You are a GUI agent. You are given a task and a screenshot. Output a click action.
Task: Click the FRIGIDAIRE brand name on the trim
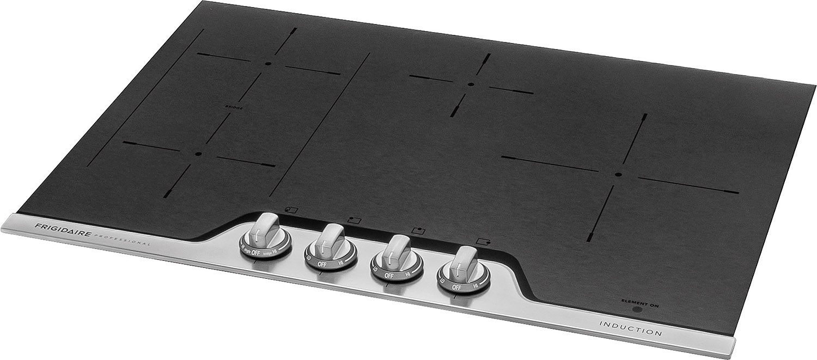[x=60, y=228]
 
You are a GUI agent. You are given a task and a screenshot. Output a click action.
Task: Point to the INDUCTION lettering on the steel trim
[x=630, y=328]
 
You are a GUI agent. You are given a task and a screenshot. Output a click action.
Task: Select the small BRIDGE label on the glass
[x=234, y=108]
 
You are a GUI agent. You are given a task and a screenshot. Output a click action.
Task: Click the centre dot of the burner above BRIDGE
[x=267, y=64]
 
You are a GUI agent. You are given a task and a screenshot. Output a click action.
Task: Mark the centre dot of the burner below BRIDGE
[x=198, y=154]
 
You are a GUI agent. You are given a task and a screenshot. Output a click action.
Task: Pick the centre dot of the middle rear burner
[x=471, y=84]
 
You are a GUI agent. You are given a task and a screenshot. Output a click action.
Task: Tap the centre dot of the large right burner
[x=618, y=175]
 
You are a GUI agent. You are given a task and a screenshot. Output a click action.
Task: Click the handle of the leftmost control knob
[x=265, y=227]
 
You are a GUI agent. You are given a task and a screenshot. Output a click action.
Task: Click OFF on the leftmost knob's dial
[x=255, y=253]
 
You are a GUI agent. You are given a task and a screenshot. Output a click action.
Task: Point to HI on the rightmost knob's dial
[x=475, y=286]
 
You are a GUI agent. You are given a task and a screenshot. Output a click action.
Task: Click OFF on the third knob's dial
[x=388, y=276]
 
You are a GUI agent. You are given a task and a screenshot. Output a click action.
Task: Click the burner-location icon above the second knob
[x=354, y=220]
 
